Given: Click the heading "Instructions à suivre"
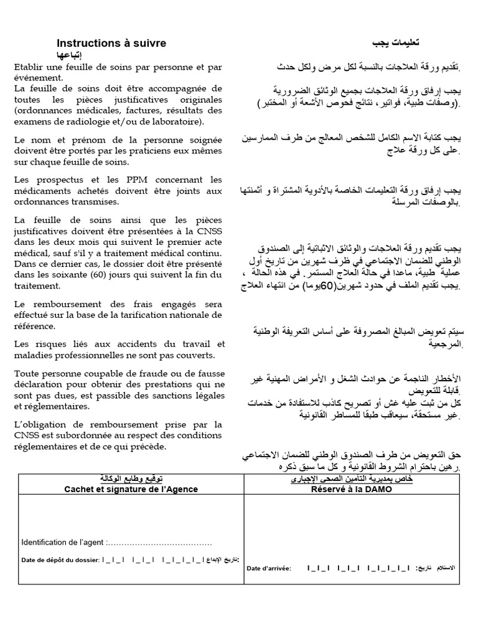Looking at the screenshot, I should tap(111, 43).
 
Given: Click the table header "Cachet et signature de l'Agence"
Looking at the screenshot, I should tap(131, 489).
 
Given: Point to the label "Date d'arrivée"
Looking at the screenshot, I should tap(268, 568).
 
